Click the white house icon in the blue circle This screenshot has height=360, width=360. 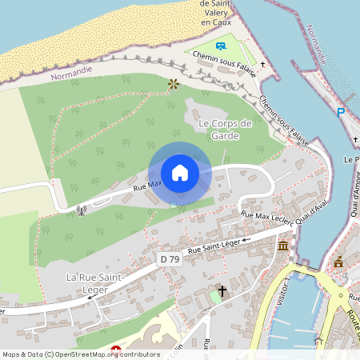coord(180,172)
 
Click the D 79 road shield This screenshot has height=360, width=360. coord(169,259)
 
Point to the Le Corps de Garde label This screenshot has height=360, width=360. coord(225,130)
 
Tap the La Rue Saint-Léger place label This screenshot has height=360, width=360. coord(94,283)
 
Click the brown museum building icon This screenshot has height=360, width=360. coord(284,245)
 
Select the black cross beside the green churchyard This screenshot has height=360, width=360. coord(222,291)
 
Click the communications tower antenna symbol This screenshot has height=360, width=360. coord(81,212)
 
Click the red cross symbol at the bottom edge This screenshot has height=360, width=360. coord(116,350)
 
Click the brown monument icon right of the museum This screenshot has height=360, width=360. coord(339,261)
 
